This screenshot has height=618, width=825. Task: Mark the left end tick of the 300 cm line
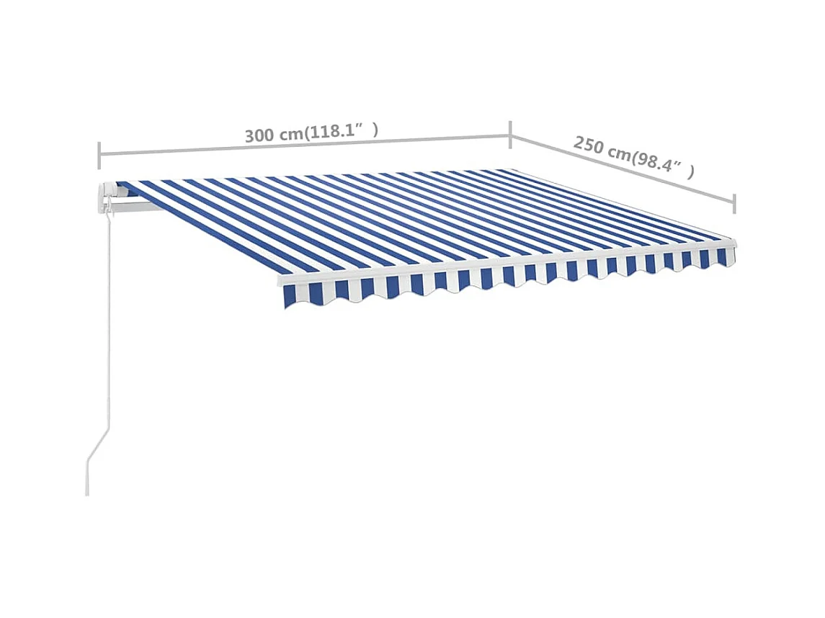99,155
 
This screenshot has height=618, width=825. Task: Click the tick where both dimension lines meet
511,134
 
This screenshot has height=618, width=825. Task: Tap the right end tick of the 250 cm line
734,204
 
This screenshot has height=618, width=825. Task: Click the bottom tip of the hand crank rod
88,493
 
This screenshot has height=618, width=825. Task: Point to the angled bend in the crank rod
101,443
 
